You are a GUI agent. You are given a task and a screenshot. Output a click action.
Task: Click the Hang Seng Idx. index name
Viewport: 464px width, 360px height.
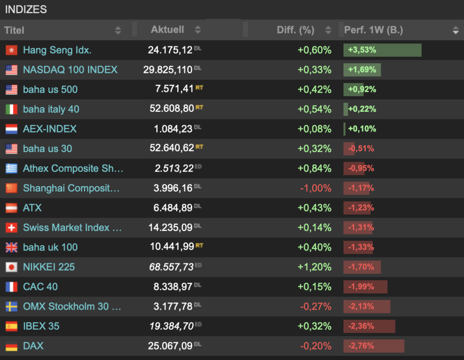[x=57, y=50]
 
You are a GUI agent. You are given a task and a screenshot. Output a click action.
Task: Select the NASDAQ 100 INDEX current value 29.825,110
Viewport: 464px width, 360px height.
[x=168, y=70]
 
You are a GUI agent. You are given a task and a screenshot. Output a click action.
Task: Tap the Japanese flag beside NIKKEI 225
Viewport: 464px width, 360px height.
[x=11, y=267]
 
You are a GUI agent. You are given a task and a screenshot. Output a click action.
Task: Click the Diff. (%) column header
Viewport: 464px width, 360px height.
[x=295, y=30]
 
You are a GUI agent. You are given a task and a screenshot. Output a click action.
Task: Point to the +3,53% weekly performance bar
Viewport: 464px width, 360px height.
[x=382, y=50]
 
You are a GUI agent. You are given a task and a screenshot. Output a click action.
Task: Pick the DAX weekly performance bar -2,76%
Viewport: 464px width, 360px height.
[x=374, y=346]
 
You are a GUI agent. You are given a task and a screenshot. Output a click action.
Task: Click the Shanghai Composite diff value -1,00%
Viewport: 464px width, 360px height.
[x=315, y=188]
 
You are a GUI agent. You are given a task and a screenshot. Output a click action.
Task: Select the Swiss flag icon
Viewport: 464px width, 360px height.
[x=11, y=228]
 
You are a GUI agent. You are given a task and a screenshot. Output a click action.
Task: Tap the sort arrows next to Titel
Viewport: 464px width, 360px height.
[x=118, y=30]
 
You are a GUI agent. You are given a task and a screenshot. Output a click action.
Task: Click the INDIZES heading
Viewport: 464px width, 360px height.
[x=26, y=10]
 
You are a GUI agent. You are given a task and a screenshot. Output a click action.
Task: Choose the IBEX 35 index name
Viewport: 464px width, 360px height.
[x=41, y=326]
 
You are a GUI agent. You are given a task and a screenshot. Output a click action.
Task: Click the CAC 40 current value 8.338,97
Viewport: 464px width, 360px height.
[x=173, y=287]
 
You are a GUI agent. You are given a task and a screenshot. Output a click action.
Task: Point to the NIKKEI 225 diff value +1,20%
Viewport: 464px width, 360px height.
[x=314, y=267]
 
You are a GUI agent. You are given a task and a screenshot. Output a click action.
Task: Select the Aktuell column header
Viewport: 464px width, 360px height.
[x=168, y=29]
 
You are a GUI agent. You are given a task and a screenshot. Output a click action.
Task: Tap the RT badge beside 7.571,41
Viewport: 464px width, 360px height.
[x=199, y=87]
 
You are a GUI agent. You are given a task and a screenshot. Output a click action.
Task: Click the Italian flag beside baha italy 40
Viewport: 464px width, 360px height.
[x=11, y=110]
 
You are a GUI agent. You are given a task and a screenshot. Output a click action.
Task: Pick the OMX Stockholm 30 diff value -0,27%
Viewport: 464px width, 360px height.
[x=315, y=307]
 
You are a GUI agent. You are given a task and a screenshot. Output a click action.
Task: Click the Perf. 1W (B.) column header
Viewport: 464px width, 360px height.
[x=373, y=30]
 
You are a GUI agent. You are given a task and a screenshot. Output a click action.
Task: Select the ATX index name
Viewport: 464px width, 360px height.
[x=32, y=208]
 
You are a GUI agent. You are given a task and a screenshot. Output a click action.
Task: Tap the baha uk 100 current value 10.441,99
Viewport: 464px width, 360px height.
[x=172, y=246]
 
